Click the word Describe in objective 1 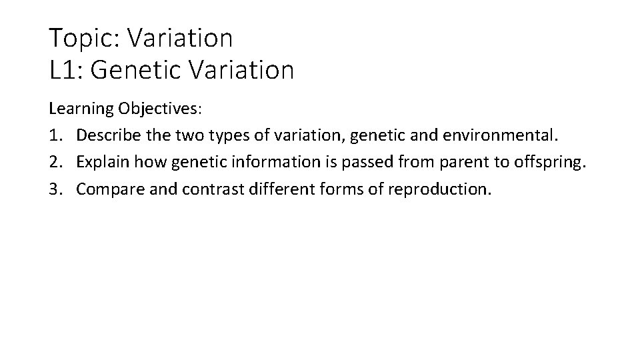point(106,135)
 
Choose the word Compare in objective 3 point(109,189)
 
